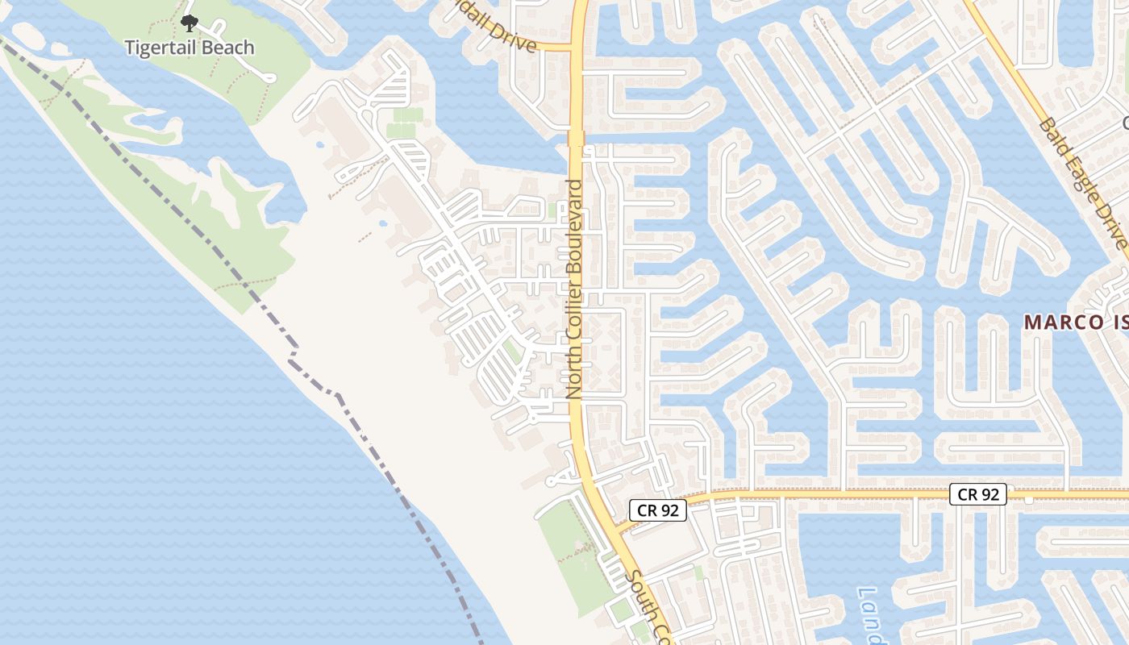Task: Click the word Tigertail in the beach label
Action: pyautogui.click(x=160, y=48)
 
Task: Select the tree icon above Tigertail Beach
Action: pyautogui.click(x=189, y=23)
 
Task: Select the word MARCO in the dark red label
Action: pyautogui.click(x=1056, y=322)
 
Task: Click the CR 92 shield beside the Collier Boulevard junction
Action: pyautogui.click(x=657, y=510)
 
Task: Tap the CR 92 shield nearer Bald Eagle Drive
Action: pyautogui.click(x=977, y=494)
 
